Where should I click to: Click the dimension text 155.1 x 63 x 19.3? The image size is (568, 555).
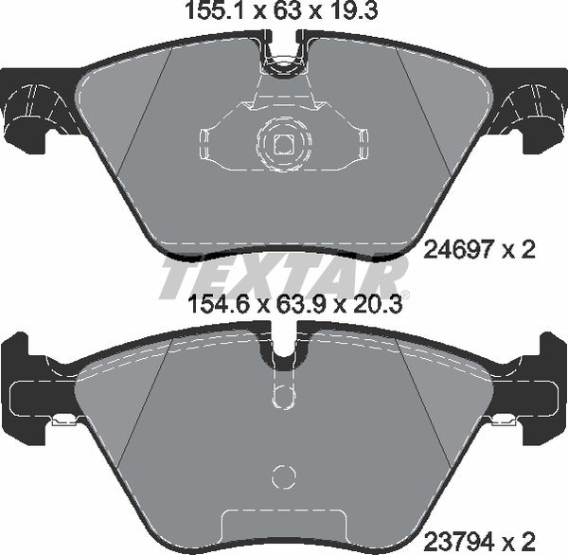click(284, 13)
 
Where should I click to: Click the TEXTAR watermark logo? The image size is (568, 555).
click(284, 277)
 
